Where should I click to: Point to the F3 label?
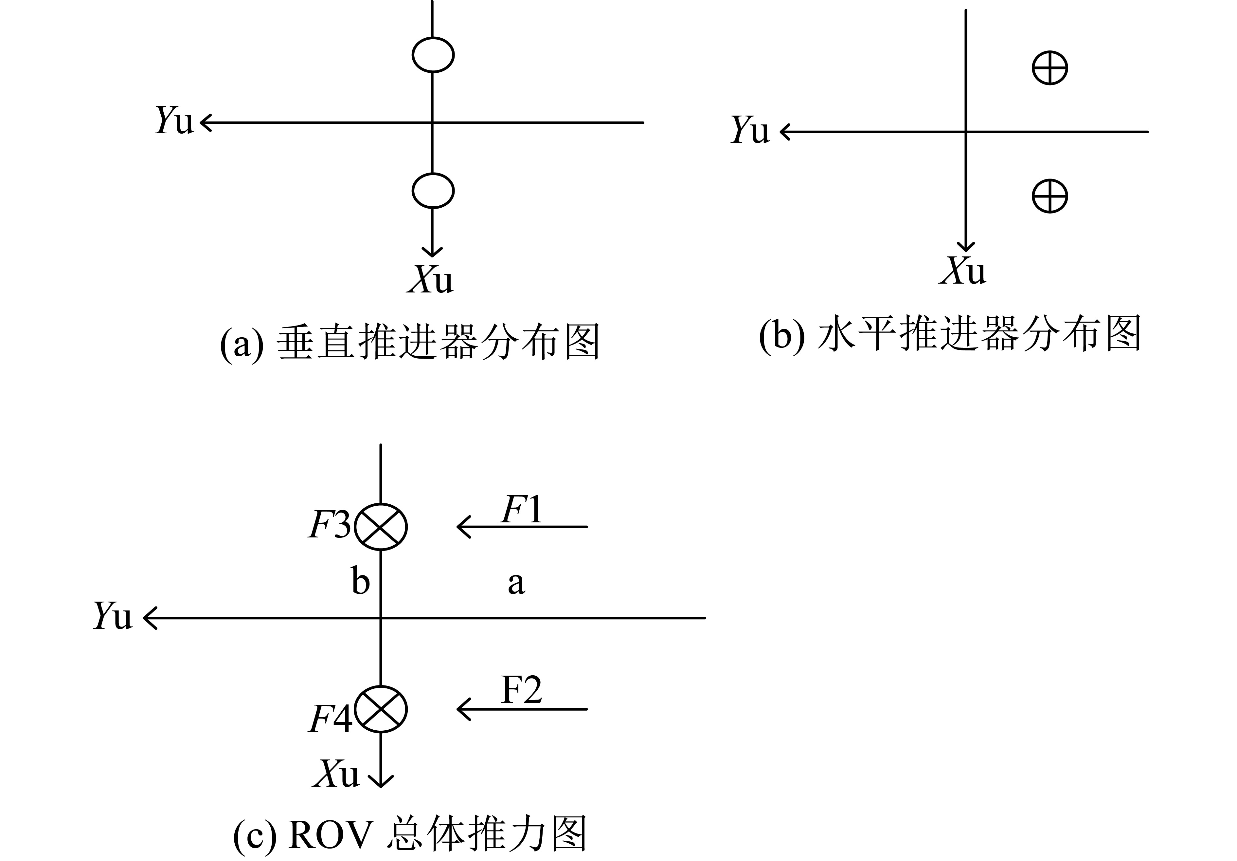click(330, 525)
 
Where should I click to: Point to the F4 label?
click(330, 718)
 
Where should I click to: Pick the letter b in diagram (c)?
click(360, 580)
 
